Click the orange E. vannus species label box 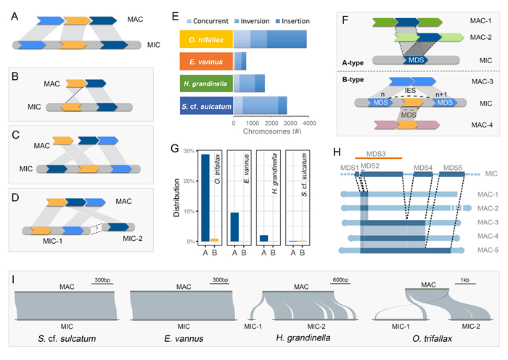pos(206,62)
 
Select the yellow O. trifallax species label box pos(206,39)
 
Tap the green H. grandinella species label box pos(206,83)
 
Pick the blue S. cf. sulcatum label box pos(206,106)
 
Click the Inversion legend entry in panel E pos(252,21)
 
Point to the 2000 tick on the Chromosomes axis pos(271,123)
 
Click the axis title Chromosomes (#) pos(272,131)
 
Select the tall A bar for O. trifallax pos(205,198)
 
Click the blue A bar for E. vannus pos(234,227)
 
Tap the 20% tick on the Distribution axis pos(189,181)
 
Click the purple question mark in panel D pos(97,229)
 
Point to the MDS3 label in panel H pos(376,154)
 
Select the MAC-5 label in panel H pos(488,250)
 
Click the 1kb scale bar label pos(464,280)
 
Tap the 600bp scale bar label pos(340,279)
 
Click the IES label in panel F pos(410,91)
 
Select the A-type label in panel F pos(353,63)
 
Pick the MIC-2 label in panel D pos(133,239)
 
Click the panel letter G pos(175,148)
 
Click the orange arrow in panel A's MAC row pos(77,21)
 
